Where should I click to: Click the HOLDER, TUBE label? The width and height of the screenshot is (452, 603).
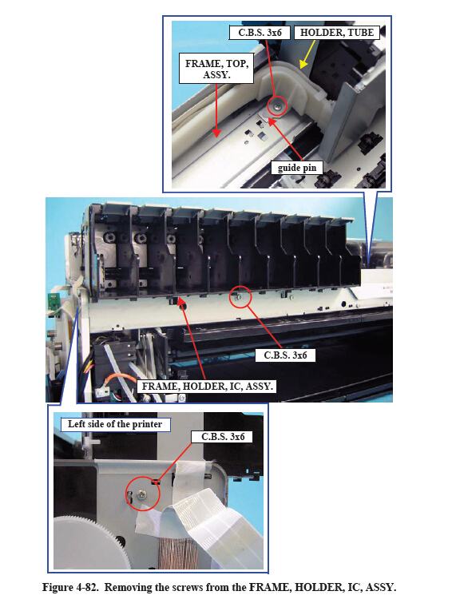pyautogui.click(x=336, y=32)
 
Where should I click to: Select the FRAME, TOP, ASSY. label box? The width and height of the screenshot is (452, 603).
pyautogui.click(x=216, y=69)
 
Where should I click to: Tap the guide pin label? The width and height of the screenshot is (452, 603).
pyautogui.click(x=297, y=168)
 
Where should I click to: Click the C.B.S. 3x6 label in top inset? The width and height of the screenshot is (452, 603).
pyautogui.click(x=260, y=32)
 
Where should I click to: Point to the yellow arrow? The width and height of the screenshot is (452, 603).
pyautogui.click(x=307, y=54)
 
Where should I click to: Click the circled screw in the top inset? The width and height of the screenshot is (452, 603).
pyautogui.click(x=277, y=106)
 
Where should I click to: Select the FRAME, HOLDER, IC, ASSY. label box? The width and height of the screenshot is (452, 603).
pyautogui.click(x=207, y=387)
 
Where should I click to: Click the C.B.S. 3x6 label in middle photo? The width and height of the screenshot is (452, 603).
pyautogui.click(x=285, y=355)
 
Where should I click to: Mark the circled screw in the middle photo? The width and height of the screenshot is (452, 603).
pyautogui.click(x=240, y=297)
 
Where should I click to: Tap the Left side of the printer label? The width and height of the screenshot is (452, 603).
pyautogui.click(x=115, y=424)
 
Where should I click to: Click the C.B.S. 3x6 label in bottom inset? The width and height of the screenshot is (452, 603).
pyautogui.click(x=223, y=437)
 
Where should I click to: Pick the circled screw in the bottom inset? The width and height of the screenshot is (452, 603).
pyautogui.click(x=142, y=494)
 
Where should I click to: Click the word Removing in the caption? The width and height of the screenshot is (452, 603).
pyautogui.click(x=129, y=587)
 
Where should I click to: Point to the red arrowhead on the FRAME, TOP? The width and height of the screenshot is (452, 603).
pyautogui.click(x=216, y=133)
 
